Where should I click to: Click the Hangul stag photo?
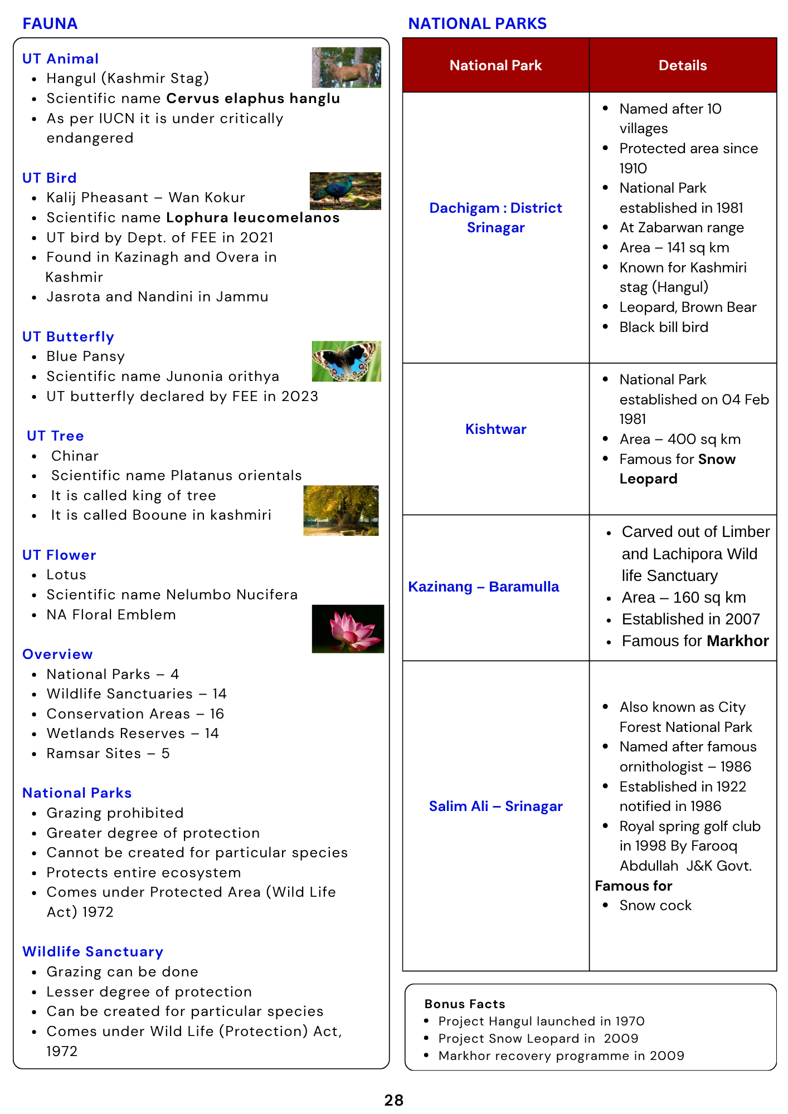coord(346,67)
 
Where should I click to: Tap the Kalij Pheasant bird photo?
coord(345,191)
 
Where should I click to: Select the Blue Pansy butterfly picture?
coord(346,361)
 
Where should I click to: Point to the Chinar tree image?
coord(341,510)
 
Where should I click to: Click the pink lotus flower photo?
coord(348,628)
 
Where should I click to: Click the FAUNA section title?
coord(50,23)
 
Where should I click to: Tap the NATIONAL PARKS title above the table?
coord(477,23)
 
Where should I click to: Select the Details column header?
coord(682,66)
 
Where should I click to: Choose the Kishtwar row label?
coord(495,429)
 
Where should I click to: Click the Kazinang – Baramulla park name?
coord(483,587)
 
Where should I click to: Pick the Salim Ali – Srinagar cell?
coord(495,806)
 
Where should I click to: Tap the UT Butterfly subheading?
coord(68,337)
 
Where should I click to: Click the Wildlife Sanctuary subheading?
coord(93,952)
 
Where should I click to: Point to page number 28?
coord(393,1100)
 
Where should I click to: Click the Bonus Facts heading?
coord(464,1004)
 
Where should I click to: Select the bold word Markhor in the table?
coord(737,641)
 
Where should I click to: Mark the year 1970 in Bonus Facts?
coord(630,1021)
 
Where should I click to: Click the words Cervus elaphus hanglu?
coord(253,99)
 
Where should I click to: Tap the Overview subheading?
coord(57,654)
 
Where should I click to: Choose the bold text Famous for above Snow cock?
coord(633,886)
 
